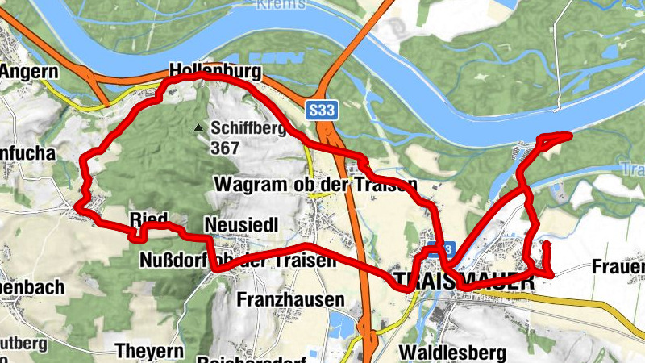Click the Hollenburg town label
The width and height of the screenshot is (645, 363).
pyautogui.click(x=216, y=72)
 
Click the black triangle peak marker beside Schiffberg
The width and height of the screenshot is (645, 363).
pyautogui.click(x=198, y=128)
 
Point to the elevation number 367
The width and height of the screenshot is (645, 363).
pyautogui.click(x=225, y=148)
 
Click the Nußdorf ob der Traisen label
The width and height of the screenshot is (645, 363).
pyautogui.click(x=237, y=261)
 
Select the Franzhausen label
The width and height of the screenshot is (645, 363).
pyautogui.click(x=290, y=299)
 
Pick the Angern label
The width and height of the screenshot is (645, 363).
pyautogui.click(x=25, y=72)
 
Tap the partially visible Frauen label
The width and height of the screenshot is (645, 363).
pyautogui.click(x=618, y=266)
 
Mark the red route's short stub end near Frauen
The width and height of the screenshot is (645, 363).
pyautogui.click(x=546, y=243)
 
